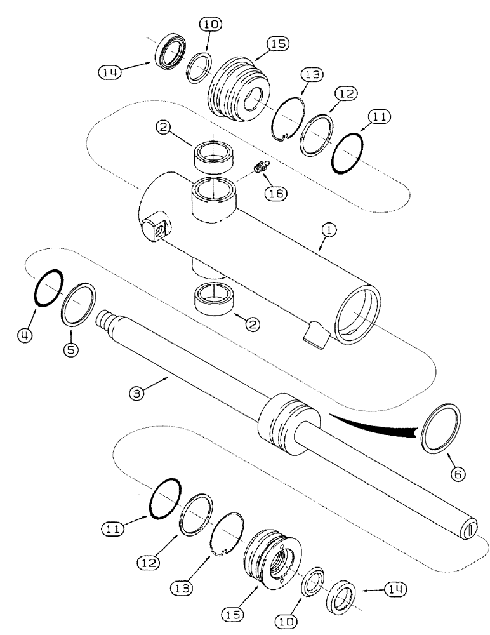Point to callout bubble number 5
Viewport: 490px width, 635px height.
[x=70, y=348]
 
